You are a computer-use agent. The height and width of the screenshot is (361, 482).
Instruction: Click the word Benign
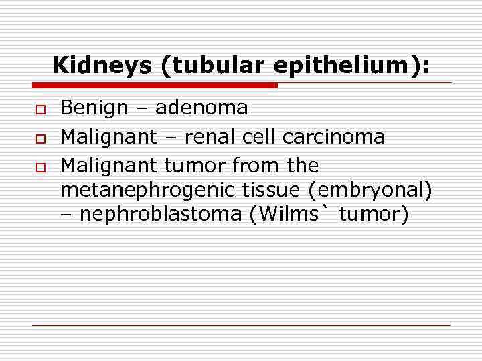92,108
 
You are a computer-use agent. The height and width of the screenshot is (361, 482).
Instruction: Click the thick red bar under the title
154,86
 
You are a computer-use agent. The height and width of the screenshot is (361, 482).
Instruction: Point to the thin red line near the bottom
241,325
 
